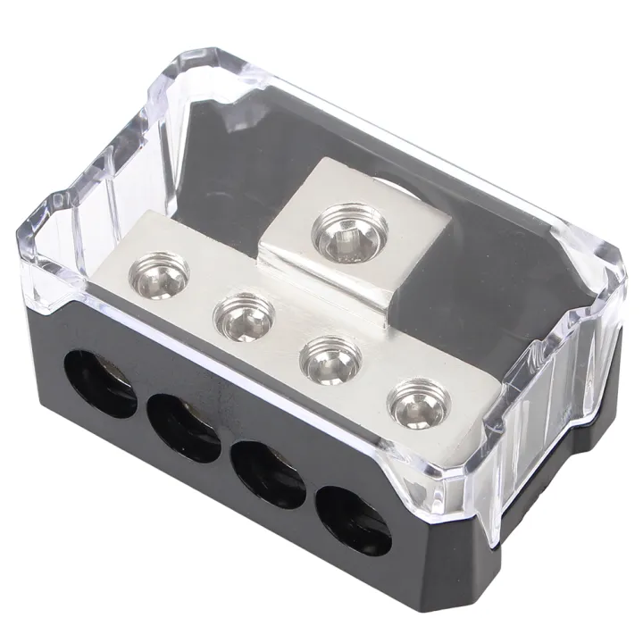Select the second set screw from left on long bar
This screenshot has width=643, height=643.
coord(240,314)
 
